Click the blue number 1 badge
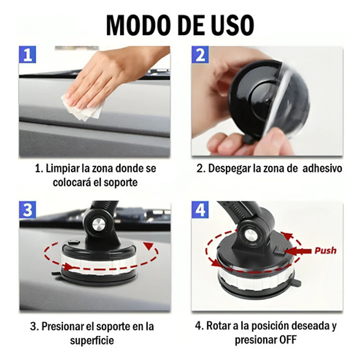point(27,54)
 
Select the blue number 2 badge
point(200,54)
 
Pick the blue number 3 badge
point(27,210)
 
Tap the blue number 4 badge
point(200,210)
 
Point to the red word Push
point(325,251)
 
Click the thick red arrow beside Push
point(298,251)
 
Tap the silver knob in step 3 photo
point(99,225)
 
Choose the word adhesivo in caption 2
point(322,168)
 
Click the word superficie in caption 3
point(92,341)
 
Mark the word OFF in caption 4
point(288,340)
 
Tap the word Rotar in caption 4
point(219,326)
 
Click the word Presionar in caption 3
point(63,326)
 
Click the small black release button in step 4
point(279,250)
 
